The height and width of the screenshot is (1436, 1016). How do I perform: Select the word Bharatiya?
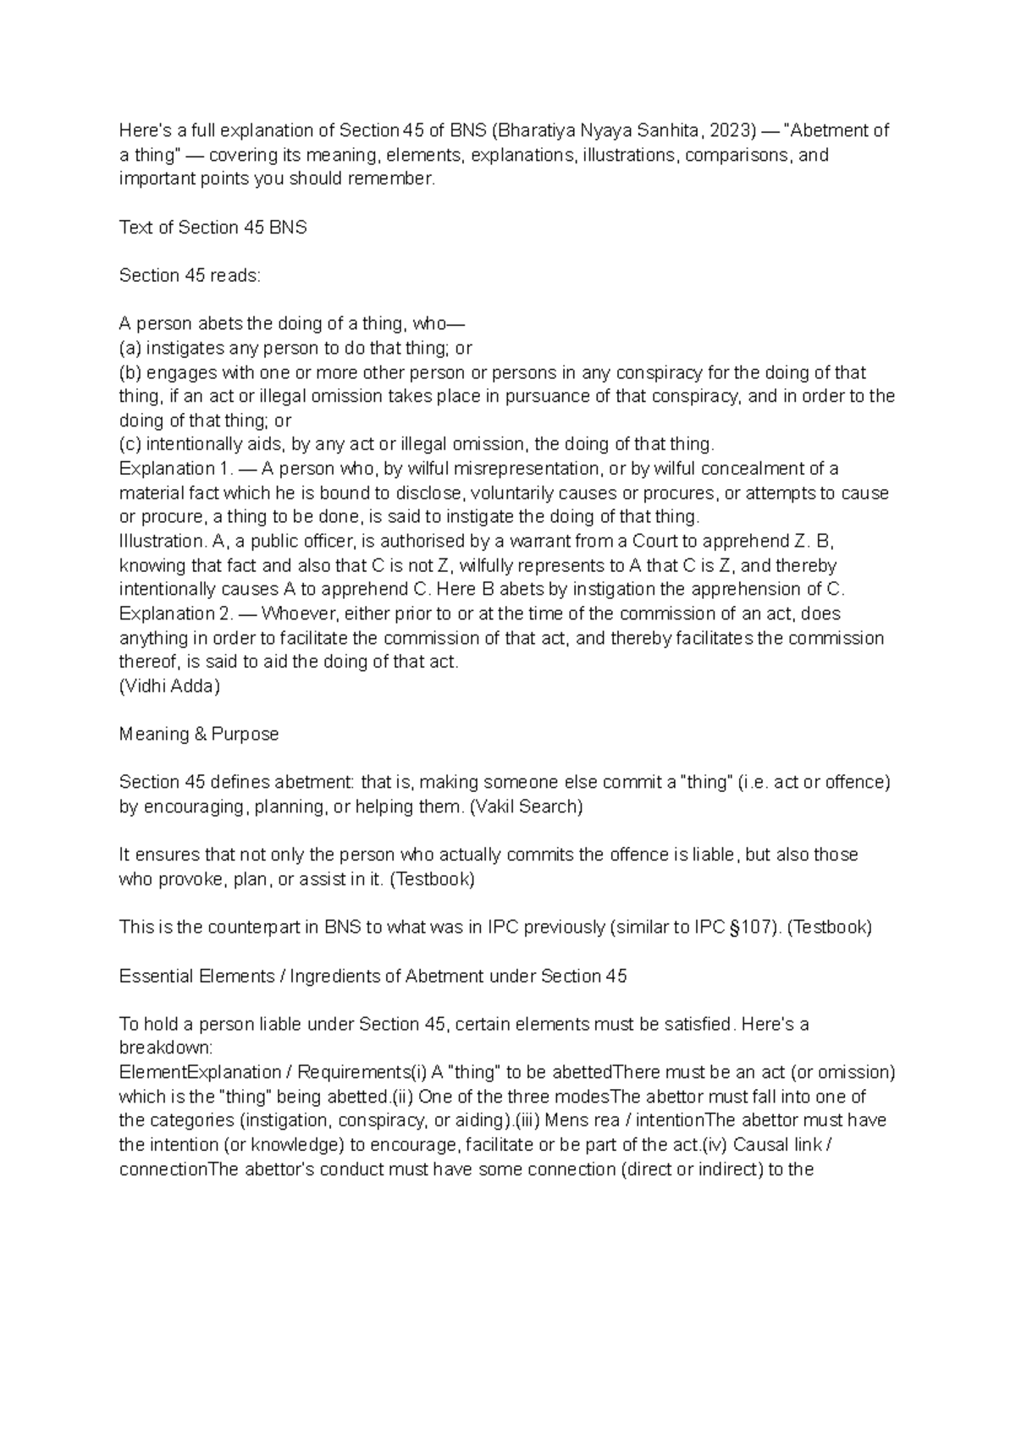[x=537, y=131]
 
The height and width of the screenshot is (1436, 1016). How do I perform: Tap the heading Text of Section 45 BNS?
[x=213, y=228]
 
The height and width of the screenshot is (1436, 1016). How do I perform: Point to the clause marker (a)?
[x=131, y=349]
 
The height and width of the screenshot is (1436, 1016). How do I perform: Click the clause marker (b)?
[x=131, y=373]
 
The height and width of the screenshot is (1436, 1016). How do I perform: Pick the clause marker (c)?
[x=131, y=445]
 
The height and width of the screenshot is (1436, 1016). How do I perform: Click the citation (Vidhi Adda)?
[x=169, y=686]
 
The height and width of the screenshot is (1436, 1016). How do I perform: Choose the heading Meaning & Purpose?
[x=199, y=735]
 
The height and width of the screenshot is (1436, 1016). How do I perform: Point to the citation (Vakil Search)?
[x=527, y=807]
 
